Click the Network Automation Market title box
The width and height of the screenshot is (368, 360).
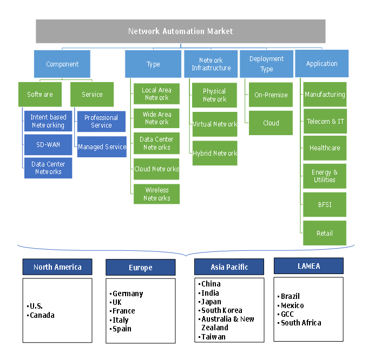180,31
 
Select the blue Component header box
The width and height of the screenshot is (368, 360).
62,64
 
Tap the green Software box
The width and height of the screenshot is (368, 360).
40,95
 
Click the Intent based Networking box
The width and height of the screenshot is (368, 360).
48,121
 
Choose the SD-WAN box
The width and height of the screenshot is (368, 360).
48,145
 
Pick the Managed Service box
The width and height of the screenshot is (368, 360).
102,146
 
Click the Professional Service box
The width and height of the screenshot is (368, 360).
102,121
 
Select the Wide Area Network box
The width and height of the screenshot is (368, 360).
157,118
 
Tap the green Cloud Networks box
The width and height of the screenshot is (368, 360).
157,169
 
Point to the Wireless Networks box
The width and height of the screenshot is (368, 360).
157,194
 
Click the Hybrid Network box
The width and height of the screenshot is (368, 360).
215,154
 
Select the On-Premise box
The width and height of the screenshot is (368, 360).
271,95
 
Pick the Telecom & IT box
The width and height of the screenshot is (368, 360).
325,122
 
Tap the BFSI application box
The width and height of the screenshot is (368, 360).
325,205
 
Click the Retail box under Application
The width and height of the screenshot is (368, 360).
325,234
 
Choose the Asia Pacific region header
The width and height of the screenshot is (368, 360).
229,267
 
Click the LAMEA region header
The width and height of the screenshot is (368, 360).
308,266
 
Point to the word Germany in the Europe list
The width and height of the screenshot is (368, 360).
128,294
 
